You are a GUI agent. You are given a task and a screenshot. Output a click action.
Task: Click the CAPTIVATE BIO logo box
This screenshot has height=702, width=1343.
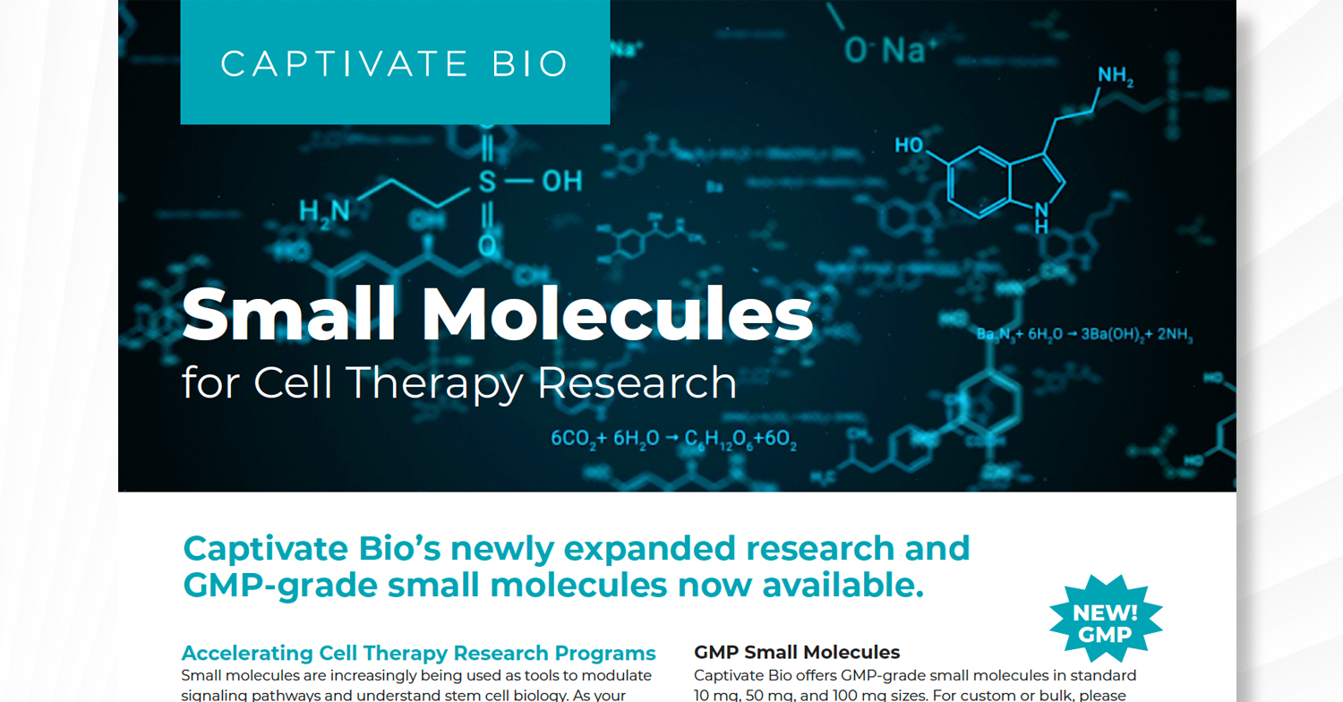(x=395, y=63)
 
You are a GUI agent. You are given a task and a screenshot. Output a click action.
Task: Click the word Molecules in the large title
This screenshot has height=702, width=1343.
(x=618, y=316)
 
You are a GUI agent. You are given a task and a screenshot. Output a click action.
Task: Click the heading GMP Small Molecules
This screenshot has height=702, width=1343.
(x=797, y=653)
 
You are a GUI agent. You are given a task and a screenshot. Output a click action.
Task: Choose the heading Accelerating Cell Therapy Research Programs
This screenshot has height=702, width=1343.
(x=418, y=653)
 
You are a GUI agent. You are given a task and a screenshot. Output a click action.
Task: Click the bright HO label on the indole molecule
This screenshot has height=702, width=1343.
(x=909, y=145)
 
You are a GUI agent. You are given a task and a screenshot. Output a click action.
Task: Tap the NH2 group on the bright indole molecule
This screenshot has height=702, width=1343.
(x=1115, y=78)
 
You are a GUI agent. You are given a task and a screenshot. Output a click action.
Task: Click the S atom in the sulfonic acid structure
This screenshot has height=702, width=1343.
(x=486, y=183)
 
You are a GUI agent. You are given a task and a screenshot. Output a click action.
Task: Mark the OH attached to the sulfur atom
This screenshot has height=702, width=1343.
(x=561, y=182)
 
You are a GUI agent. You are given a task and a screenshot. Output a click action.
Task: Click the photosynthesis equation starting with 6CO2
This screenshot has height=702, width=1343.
(x=673, y=440)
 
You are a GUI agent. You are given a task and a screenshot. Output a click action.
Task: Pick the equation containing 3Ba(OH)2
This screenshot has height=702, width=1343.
(x=1085, y=336)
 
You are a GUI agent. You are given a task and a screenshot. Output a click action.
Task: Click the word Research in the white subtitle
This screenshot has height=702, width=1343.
(x=637, y=383)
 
